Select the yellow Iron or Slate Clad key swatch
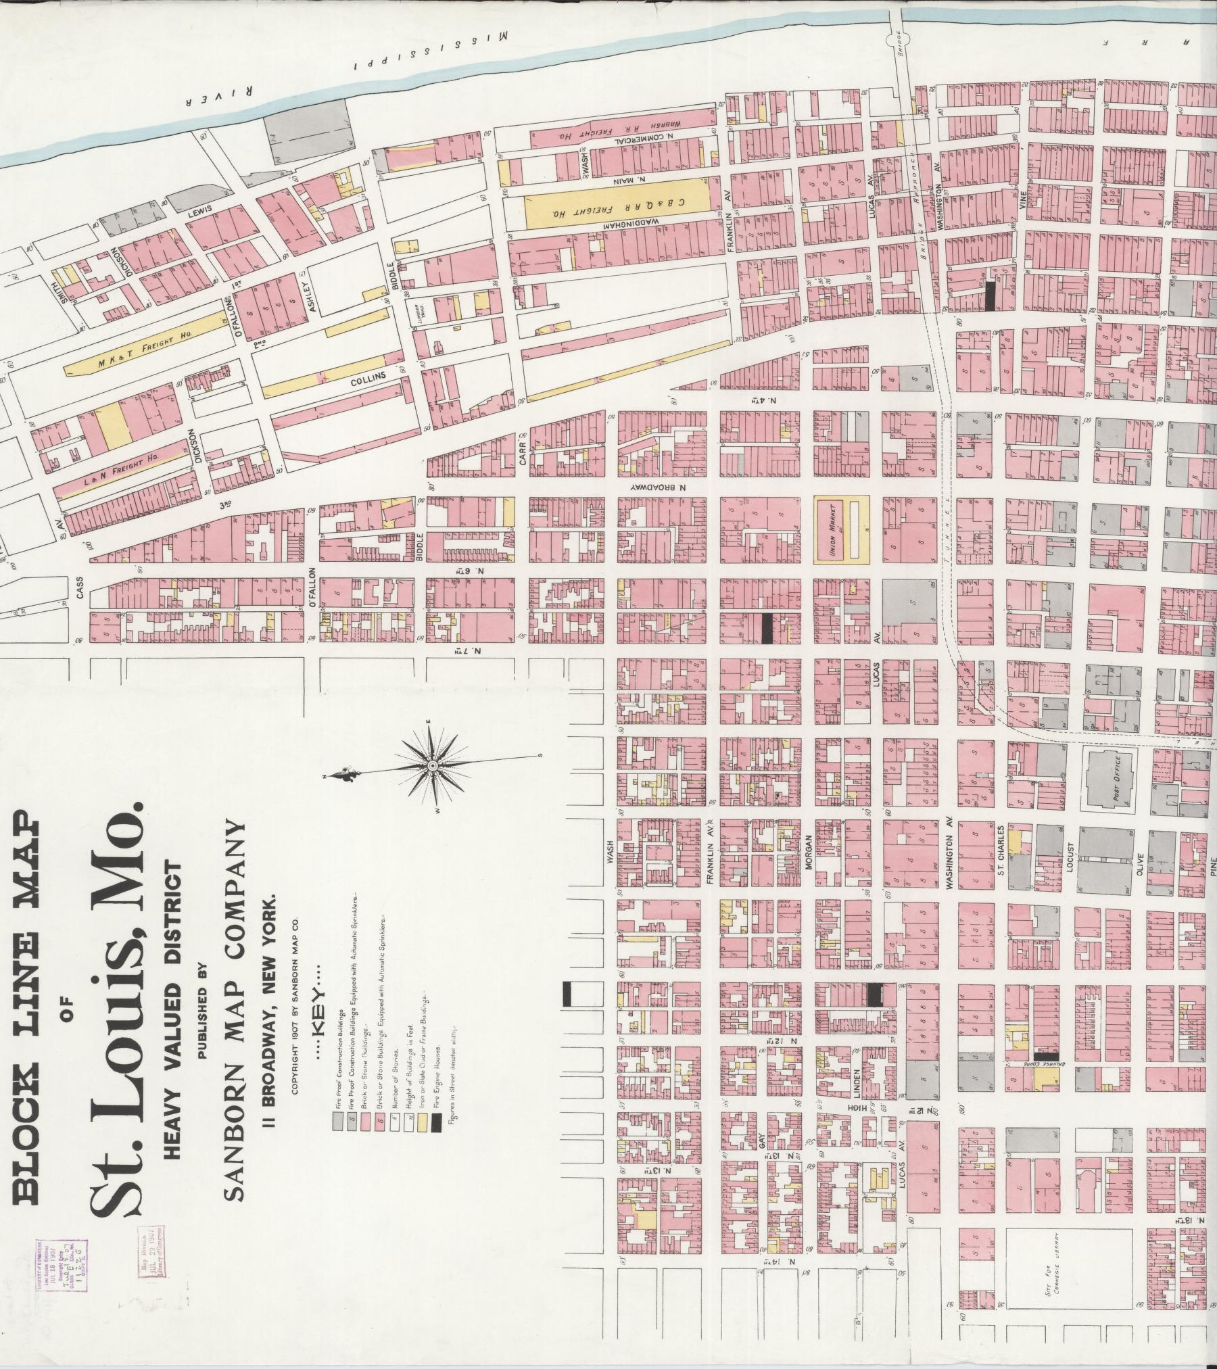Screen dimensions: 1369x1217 pos(421,1124)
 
